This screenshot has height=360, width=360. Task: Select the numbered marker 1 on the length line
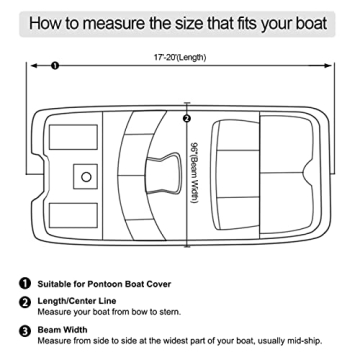(54, 65)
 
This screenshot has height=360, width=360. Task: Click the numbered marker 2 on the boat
(187, 119)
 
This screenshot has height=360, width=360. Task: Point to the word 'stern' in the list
(174, 317)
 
